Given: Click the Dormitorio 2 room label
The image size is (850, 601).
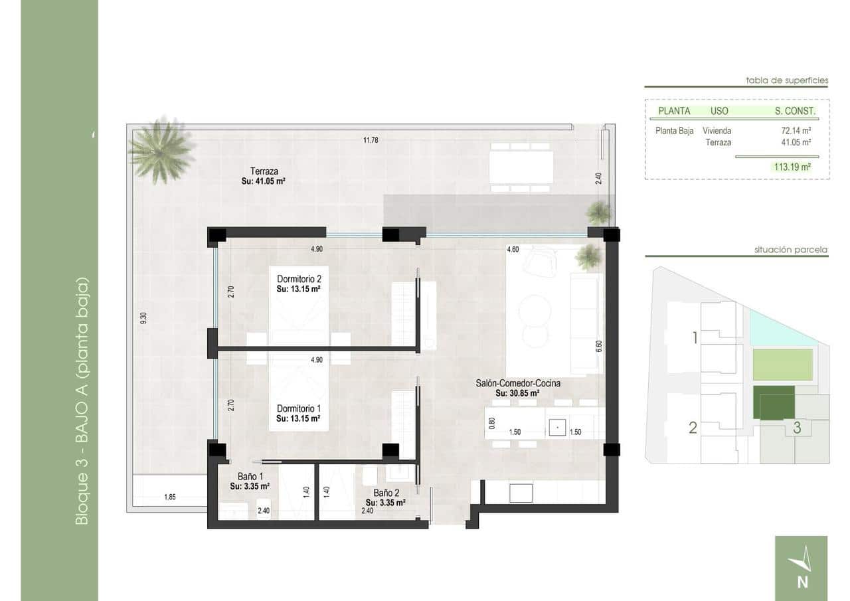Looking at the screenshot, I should coord(299,280).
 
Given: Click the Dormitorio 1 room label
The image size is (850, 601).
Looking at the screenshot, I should coord(299,408).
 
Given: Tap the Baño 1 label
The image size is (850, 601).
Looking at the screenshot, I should coord(251,476).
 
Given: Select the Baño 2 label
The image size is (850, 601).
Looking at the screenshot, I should coord(386,493).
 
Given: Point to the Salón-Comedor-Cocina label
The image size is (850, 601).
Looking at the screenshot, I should coord(518,383).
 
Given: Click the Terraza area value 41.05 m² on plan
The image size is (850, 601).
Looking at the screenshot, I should coord(264,181).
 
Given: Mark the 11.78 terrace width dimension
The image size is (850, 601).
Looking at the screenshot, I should coord(371,139).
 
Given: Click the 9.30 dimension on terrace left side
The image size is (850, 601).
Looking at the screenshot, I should coord(143,318).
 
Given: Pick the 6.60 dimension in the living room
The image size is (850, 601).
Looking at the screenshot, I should coord(598,346).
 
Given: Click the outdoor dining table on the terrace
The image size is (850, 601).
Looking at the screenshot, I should coord(521,167).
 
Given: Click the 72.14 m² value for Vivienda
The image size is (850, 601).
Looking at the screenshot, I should coord(798,131).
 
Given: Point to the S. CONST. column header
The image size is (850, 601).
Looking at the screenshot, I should coord(795,111).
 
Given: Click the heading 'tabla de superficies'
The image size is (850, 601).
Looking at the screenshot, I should coord(787,80).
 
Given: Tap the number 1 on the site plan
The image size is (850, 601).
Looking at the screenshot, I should coord(695,338).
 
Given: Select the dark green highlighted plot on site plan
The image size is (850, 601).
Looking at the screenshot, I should coord(774,402).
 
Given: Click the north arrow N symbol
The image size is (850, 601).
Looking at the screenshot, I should coord(801,568).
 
